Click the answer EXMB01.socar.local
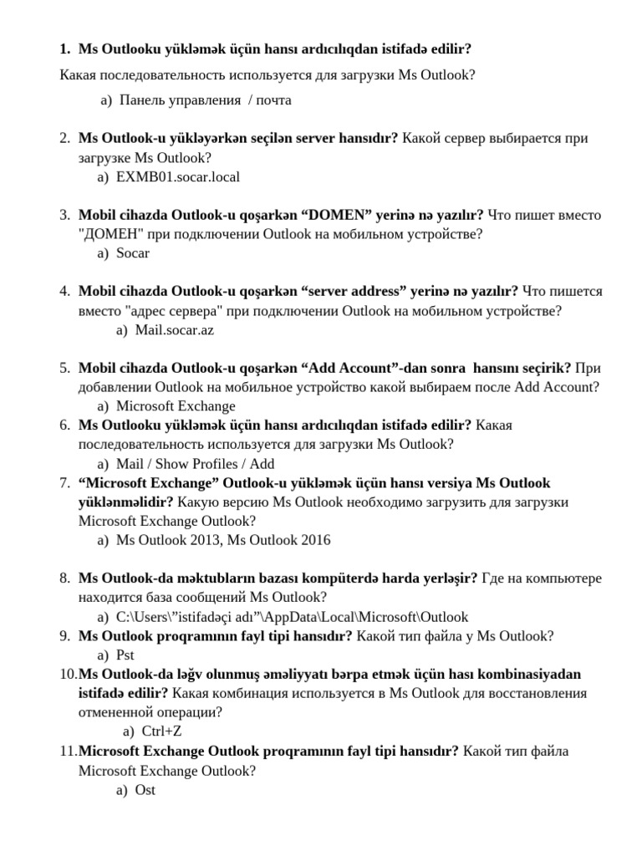tap(178, 176)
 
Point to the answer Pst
tap(125, 655)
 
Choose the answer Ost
tap(145, 789)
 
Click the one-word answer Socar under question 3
tap(133, 252)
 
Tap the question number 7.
tap(64, 483)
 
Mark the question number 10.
tap(67, 674)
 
